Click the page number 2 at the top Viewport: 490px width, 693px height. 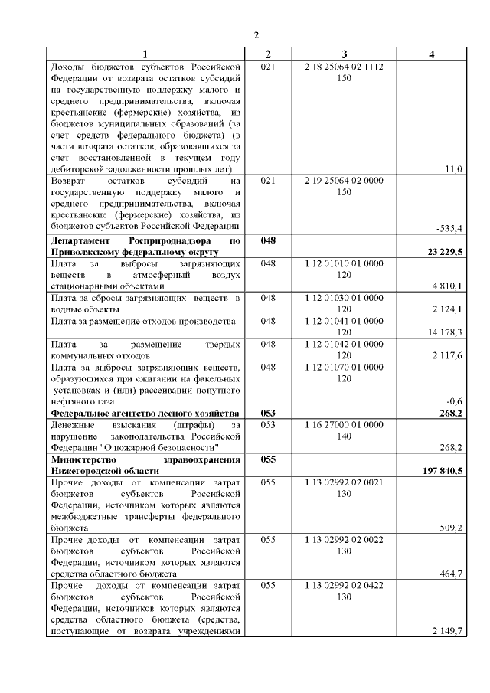[256, 35]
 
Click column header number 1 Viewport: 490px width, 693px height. [145, 54]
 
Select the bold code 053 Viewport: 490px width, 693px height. [267, 412]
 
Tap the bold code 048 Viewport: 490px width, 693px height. [267, 240]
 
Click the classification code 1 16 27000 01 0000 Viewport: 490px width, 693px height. [344, 423]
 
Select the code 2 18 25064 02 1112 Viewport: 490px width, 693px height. [344, 67]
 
